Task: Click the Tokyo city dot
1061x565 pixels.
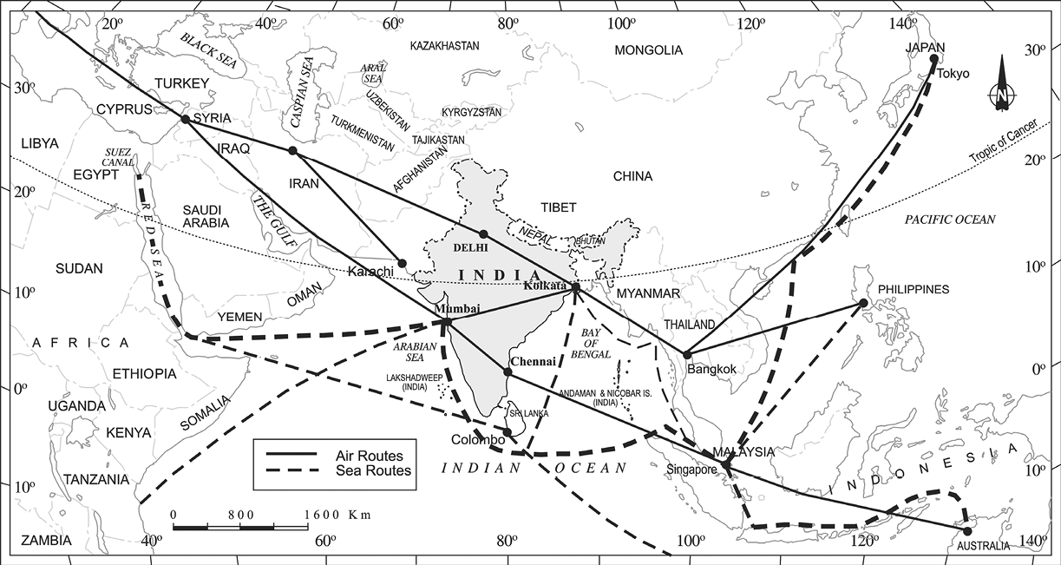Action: [934, 59]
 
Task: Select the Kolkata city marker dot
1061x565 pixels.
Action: [575, 286]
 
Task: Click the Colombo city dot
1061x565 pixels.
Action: [508, 430]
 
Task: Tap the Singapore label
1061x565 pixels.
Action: [691, 470]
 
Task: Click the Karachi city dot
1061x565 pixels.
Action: [403, 263]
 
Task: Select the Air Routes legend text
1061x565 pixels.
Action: [370, 454]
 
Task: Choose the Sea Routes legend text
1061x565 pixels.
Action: [373, 470]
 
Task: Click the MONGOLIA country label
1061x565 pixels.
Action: [649, 50]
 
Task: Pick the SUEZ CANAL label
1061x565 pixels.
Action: [119, 155]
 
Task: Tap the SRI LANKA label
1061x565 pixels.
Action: [529, 414]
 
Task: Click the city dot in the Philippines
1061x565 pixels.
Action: [863, 302]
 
